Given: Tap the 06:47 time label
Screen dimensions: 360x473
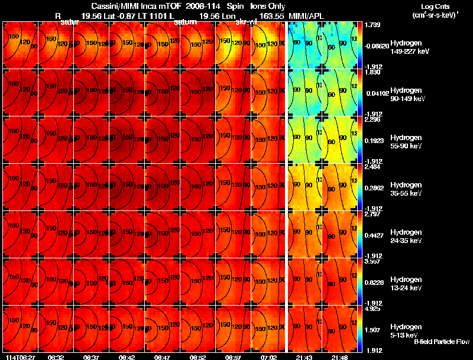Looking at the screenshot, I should click(162, 357).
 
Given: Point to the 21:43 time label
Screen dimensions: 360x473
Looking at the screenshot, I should click(304, 357).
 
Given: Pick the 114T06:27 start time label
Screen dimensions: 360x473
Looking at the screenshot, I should click(20, 357).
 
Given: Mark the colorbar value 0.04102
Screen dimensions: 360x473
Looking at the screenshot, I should click(375, 93).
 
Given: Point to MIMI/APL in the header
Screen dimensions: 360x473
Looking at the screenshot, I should click(303, 15).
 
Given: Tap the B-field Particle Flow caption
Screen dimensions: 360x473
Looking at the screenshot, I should click(442, 342).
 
